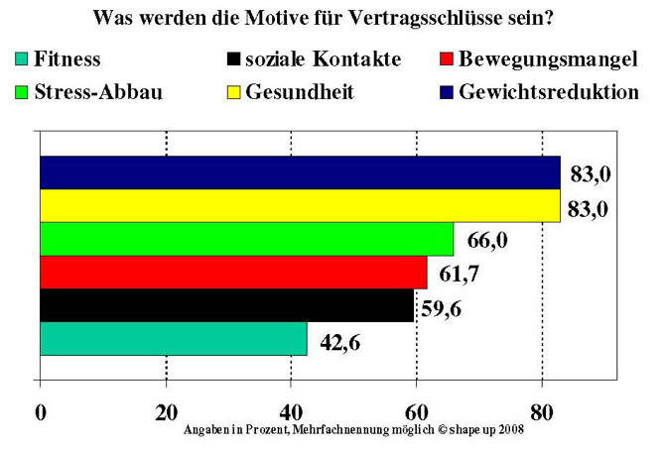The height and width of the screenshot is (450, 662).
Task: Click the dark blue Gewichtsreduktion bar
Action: [x=298, y=172]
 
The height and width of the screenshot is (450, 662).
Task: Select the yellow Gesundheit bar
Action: [x=298, y=206]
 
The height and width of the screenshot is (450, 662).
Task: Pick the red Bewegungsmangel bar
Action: [x=233, y=272]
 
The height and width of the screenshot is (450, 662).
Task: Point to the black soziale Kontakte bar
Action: [x=226, y=305]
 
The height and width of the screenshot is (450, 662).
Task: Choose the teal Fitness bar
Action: [x=174, y=338]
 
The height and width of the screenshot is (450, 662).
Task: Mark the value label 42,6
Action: [x=339, y=343]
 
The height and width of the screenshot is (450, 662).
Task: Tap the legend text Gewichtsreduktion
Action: [x=548, y=92]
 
